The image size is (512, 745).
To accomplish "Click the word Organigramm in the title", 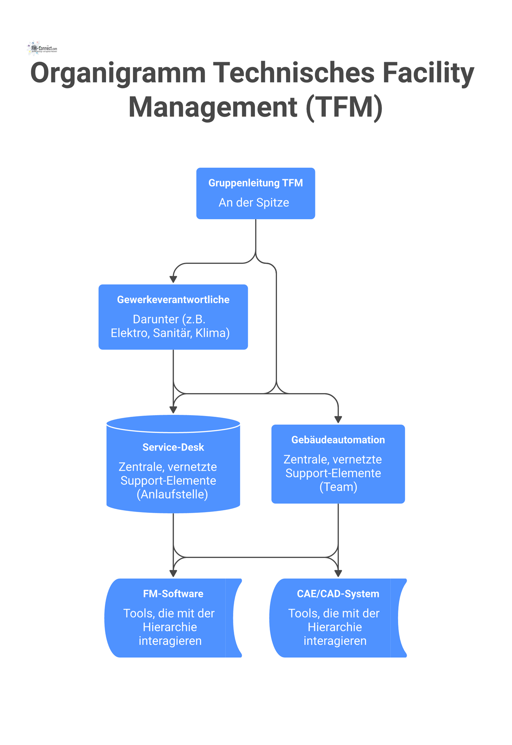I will click(118, 73).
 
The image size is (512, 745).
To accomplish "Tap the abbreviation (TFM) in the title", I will click(344, 107).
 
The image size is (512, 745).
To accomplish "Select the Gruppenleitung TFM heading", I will click(255, 183).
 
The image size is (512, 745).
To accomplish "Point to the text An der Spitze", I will click(254, 203).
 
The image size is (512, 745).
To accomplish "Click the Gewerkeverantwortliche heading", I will click(173, 300).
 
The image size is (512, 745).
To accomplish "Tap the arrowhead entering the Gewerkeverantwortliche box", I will click(173, 279).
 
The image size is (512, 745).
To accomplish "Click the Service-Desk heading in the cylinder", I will click(173, 447).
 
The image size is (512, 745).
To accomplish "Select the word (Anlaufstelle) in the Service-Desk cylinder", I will click(172, 494).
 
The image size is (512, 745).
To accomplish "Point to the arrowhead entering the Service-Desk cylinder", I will click(173, 410).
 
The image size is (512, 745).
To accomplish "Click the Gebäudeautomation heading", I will click(338, 440).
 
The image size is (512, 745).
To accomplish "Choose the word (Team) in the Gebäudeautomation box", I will click(338, 487).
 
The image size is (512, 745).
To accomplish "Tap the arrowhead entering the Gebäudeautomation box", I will click(338, 419).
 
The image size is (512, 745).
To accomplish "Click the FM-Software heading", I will click(173, 594).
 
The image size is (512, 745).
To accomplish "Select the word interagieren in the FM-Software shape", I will click(170, 641).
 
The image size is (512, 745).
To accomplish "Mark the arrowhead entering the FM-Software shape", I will click(173, 573).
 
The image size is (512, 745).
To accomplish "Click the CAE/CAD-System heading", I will click(338, 594).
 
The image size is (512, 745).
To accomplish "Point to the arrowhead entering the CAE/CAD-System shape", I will click(338, 573).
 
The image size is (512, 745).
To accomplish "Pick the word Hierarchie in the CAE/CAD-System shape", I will click(335, 627).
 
